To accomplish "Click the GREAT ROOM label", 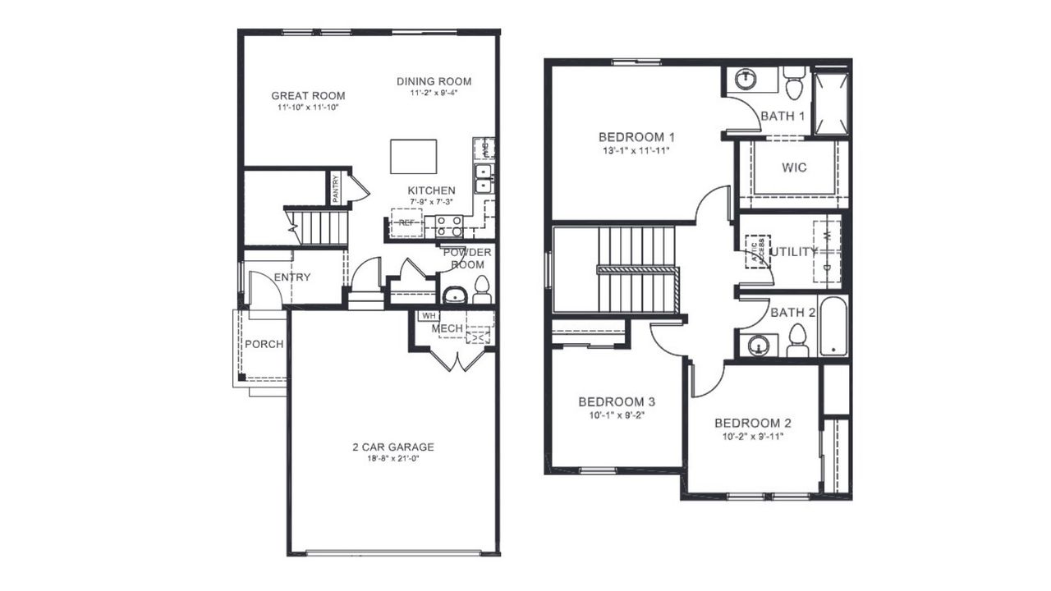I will coord(308,96).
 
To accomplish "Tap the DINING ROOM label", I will coord(434,81).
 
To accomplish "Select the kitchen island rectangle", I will coord(413,156).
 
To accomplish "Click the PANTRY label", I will coord(336,189).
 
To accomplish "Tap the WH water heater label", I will coord(428,315).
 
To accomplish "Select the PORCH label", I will coord(264,344).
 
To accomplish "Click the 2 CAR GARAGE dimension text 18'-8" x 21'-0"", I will coord(392,460).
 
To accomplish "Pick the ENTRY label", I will coord(292,277).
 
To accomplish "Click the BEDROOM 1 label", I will coord(636,137).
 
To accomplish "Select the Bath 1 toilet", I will coord(794,84).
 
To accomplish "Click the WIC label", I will coord(794,167).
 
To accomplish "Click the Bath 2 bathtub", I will coord(833,326).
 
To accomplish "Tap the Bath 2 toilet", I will coord(797,340).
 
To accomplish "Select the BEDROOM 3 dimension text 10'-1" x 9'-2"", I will coord(616,416).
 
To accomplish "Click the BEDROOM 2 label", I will coord(752,424).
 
